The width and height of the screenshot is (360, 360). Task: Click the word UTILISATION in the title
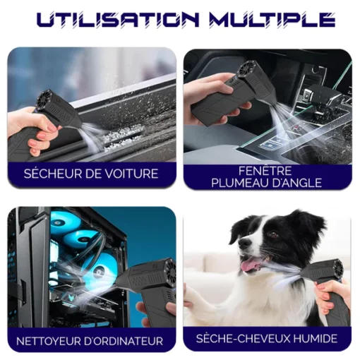(118, 19)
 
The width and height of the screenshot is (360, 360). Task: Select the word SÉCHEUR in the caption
(47, 174)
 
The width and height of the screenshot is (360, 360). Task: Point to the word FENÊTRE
(265, 171)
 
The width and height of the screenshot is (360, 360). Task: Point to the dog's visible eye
(273, 234)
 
